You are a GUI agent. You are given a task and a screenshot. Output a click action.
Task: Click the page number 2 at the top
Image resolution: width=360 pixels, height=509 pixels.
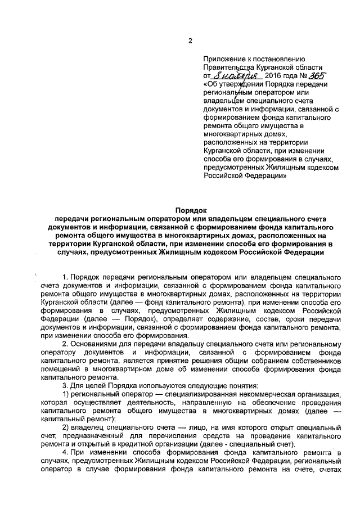tap(190, 40)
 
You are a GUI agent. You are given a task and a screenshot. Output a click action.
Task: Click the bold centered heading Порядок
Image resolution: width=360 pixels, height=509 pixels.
tap(191, 210)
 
